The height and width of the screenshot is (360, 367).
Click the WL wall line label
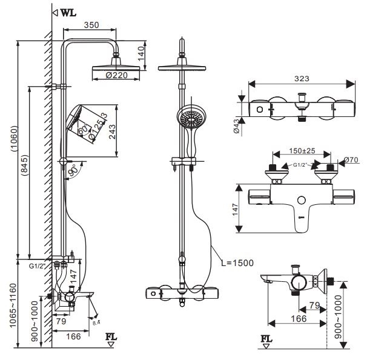coord(68,12)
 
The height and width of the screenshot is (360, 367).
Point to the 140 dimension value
coord(141,54)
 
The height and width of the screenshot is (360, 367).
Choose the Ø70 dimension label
coord(350,161)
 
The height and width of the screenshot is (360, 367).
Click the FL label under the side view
coord(111,335)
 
